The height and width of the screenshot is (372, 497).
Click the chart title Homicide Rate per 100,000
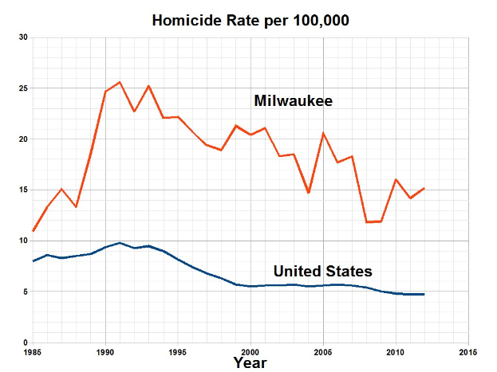[x=250, y=20]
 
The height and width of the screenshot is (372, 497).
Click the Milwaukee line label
[x=293, y=101]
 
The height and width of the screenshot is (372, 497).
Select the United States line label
[x=322, y=272]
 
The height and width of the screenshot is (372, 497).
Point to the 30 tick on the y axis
[x=23, y=37]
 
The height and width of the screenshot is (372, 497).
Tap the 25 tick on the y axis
[x=23, y=88]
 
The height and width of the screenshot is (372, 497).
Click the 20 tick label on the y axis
[x=23, y=139]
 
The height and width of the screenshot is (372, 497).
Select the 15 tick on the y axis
[x=23, y=190]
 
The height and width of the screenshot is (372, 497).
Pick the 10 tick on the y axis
[x=23, y=241]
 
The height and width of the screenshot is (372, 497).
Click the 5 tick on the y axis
[x=25, y=292]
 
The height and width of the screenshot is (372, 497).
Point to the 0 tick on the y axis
[x=25, y=343]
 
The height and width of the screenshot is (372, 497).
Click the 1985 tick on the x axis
[x=33, y=351]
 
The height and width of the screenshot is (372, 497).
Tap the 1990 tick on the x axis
[x=105, y=351]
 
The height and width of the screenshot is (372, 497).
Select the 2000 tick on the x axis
[x=250, y=351]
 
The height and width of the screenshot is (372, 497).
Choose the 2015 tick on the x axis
[x=468, y=351]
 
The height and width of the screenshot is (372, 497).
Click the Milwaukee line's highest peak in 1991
[x=120, y=82]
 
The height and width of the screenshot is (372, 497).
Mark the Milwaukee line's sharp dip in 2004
[x=309, y=193]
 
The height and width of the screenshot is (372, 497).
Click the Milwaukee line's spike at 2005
[x=323, y=133]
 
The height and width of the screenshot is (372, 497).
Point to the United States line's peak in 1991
[x=120, y=243]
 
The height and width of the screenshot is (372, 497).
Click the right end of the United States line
[x=424, y=294]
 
